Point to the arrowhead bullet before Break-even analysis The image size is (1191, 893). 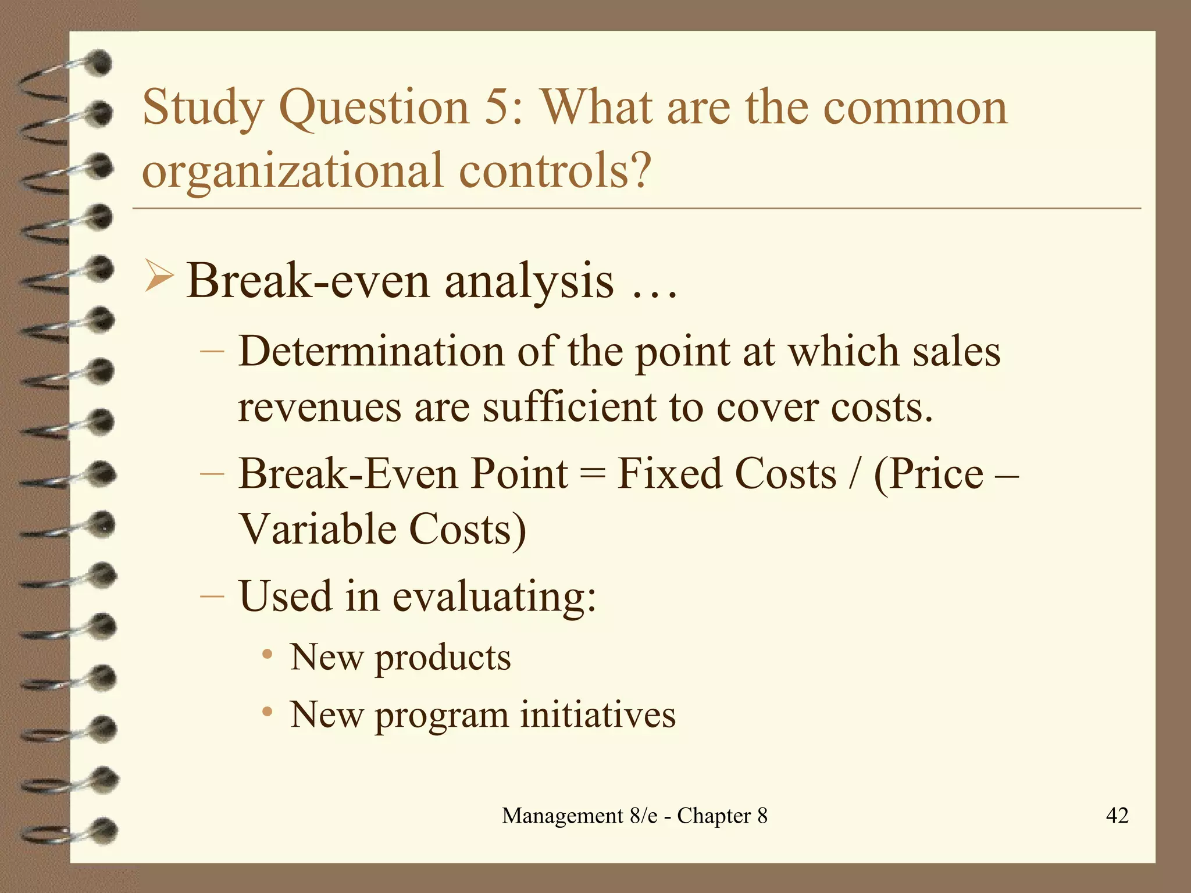click(x=158, y=277)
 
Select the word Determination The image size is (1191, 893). click(x=371, y=352)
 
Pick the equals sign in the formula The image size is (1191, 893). click(x=593, y=474)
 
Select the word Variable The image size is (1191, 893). click(x=316, y=529)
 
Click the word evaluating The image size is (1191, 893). click(x=494, y=596)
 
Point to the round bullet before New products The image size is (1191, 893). click(x=267, y=655)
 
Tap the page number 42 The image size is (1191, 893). click(x=1117, y=815)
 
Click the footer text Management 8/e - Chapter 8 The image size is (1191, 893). click(x=634, y=816)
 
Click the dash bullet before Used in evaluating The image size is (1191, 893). click(x=212, y=596)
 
